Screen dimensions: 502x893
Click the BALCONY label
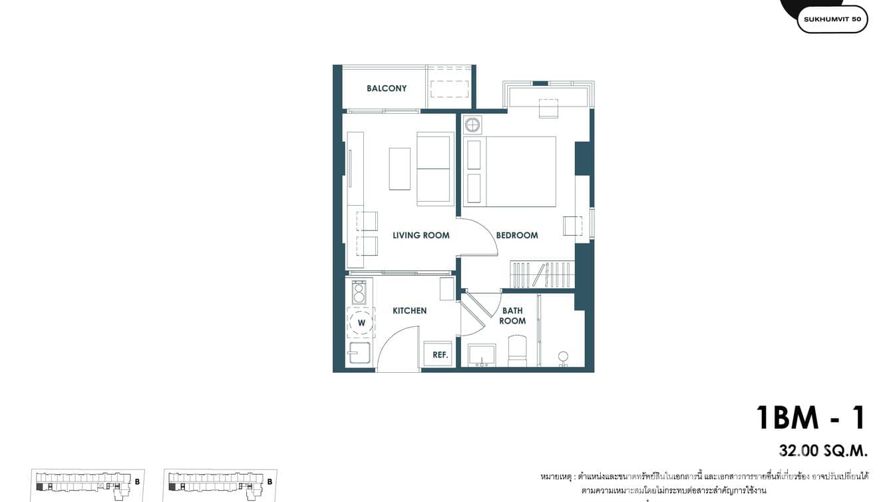coord(387,89)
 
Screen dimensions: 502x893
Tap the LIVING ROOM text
coord(421,235)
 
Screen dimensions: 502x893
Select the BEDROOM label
coord(516,235)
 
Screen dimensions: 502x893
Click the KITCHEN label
coord(409,311)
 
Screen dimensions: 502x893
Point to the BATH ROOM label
coord(513,316)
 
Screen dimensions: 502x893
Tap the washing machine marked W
coord(361,323)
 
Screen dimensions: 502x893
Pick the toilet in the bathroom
coord(517,350)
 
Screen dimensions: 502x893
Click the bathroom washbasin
coord(482,355)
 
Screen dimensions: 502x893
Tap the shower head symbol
coord(563,357)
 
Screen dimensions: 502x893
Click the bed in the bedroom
coord(519,171)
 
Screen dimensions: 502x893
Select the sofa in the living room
coord(435,168)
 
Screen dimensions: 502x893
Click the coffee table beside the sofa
coord(399,168)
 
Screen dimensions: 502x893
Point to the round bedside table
coord(472,125)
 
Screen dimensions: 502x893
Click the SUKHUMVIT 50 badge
coord(832,19)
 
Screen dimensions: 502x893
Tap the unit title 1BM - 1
coord(811,417)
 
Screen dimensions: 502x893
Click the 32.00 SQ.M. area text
coord(823,451)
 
